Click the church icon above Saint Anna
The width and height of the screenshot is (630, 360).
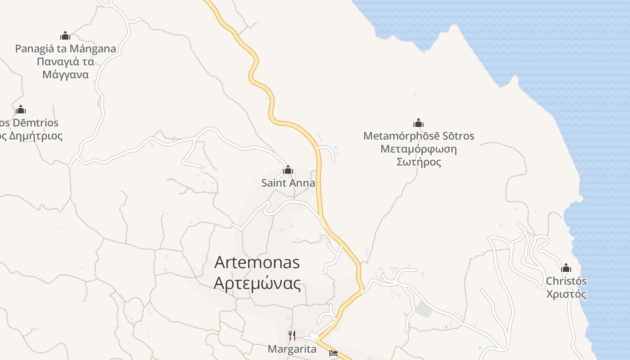(288, 170)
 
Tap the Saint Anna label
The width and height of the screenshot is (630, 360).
(288, 184)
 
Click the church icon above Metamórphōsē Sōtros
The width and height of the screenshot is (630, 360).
(418, 123)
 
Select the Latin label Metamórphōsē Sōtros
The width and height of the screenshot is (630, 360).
(418, 136)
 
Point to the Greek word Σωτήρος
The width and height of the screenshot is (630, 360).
(418, 162)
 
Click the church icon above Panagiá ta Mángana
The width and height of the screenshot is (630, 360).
(65, 36)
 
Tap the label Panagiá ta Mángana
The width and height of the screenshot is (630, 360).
(65, 49)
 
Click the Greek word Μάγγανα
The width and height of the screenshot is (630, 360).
(65, 75)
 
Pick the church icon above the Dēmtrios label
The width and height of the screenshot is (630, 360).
(21, 109)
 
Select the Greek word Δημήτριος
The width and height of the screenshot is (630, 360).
(34, 136)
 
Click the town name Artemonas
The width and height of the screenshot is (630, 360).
(257, 262)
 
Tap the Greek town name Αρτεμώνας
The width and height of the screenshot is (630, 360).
(257, 283)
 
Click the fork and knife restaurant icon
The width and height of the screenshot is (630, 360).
(292, 335)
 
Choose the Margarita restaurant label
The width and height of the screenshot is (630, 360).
(292, 349)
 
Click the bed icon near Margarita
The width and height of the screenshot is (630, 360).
(333, 353)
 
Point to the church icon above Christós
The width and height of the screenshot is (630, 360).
(566, 268)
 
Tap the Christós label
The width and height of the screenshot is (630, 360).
(566, 281)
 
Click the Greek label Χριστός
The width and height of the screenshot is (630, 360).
(566, 295)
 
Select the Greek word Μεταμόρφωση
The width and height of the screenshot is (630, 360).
(418, 149)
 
